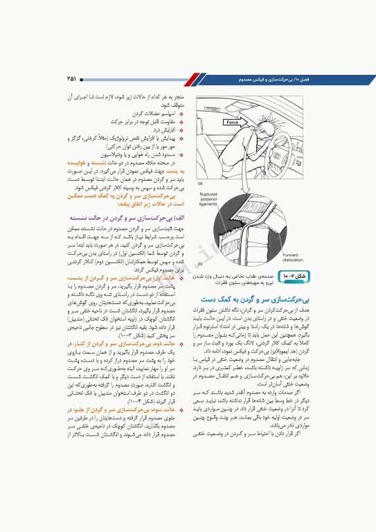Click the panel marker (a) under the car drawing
200,184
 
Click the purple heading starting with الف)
136,217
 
